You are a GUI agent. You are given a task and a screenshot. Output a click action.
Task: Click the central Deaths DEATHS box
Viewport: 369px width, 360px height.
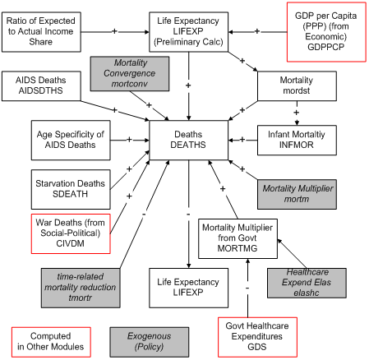187,140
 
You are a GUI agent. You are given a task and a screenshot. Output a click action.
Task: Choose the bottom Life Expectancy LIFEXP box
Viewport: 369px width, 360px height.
188,287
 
